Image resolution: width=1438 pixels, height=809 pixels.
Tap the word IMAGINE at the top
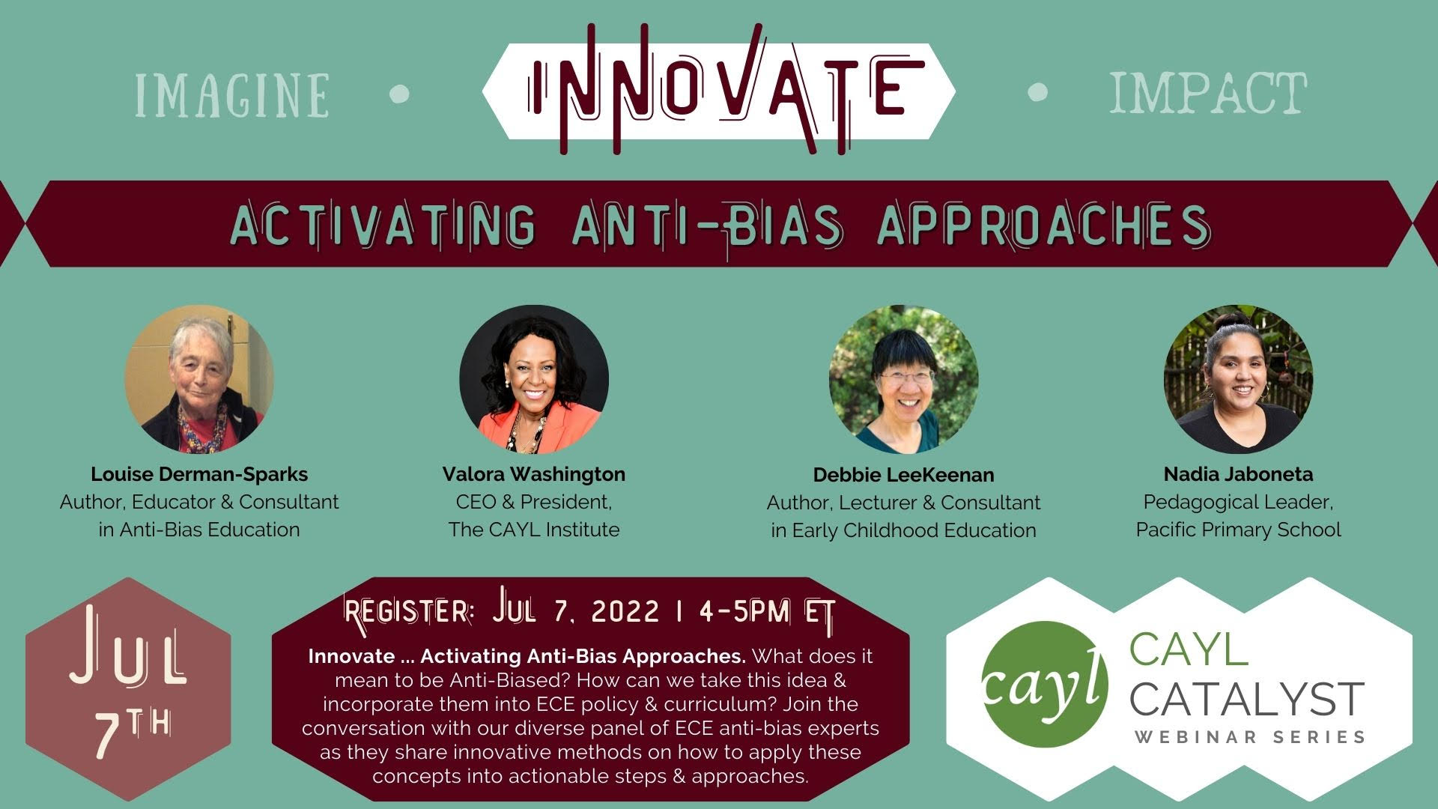coord(232,95)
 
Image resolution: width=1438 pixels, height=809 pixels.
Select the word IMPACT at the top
coord(1208,93)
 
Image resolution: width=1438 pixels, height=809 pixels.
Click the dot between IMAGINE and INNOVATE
coord(401,93)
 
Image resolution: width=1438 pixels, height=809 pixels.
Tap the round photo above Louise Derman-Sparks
coord(199,379)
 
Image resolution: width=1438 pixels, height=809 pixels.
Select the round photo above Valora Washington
coord(534,379)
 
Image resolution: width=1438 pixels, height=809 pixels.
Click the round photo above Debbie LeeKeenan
coord(903,379)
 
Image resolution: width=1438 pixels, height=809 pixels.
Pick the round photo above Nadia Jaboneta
coord(1238,379)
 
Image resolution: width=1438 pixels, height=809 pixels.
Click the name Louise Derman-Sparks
coord(199,474)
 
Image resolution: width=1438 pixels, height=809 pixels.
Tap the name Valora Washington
coord(534,474)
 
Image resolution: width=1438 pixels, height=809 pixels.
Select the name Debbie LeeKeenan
coord(904,475)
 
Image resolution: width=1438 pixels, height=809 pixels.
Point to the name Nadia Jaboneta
coord(1239,474)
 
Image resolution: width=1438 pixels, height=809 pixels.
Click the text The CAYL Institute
coord(534,530)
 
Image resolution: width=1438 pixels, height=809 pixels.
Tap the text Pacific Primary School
coord(1239,530)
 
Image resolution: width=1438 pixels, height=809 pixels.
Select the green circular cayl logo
coord(1044,685)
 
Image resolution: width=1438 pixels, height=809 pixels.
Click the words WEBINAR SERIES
coord(1249,736)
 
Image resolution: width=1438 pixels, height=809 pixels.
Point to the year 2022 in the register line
coord(625,612)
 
